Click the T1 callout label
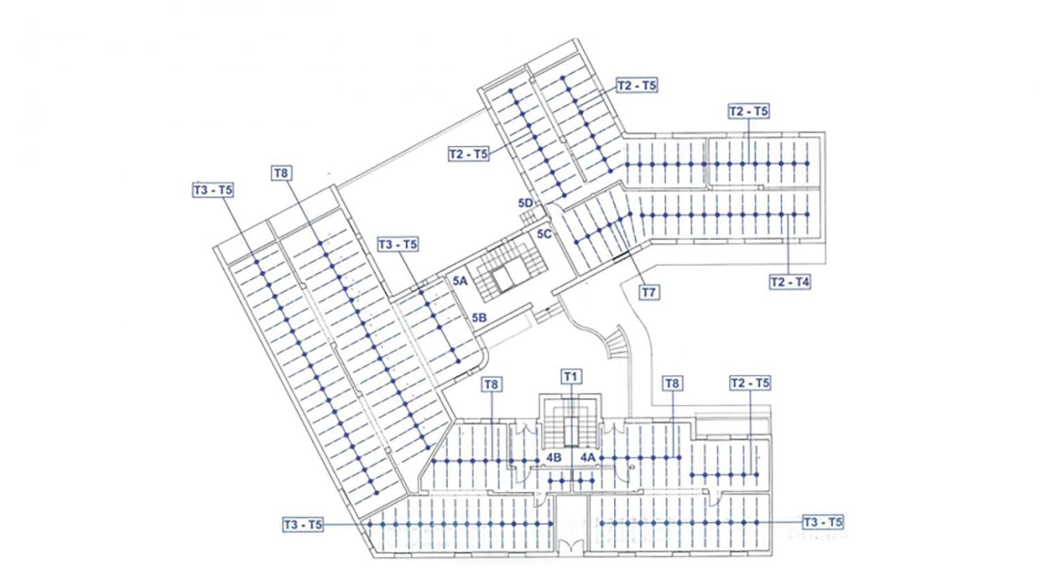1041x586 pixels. (x=570, y=377)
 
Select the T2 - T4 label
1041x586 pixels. (x=790, y=283)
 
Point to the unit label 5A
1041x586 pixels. (x=459, y=281)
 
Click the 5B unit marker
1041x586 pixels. (x=479, y=318)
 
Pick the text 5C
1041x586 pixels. (x=544, y=234)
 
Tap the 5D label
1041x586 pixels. (x=525, y=203)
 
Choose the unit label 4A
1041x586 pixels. (x=587, y=458)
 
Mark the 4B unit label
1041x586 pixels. (x=554, y=458)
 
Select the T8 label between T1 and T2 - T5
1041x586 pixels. (x=672, y=384)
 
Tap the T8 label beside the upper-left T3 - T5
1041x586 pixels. (x=280, y=174)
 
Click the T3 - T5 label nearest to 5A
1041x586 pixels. (x=398, y=244)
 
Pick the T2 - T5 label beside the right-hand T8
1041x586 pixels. (x=750, y=383)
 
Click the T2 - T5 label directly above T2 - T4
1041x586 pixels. (x=748, y=112)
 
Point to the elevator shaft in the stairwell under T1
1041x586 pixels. (x=570, y=432)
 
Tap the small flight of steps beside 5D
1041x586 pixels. (x=528, y=217)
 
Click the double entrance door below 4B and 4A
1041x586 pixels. (x=570, y=546)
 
